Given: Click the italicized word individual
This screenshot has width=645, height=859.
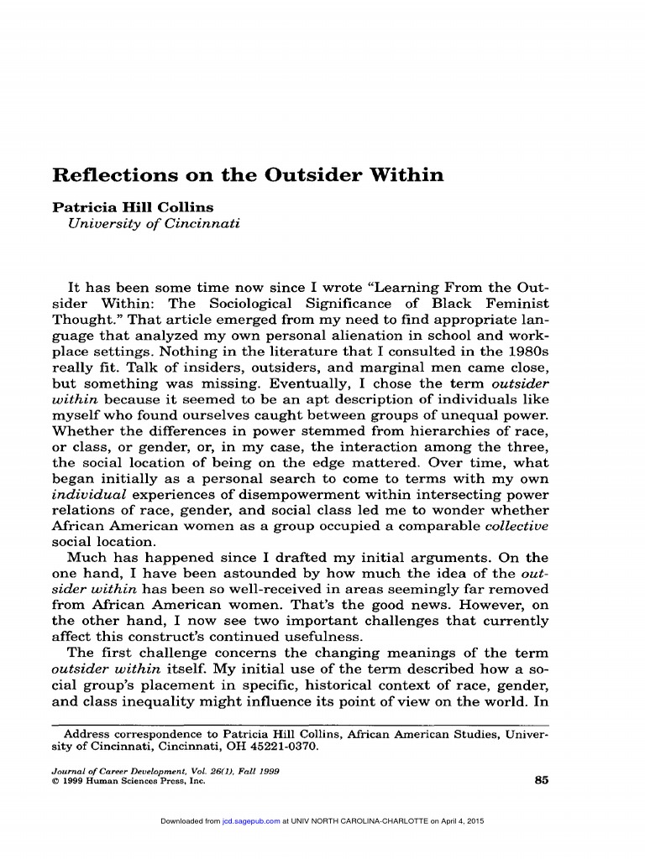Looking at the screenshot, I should click(x=88, y=494).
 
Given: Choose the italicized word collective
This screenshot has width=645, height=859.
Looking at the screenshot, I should click(x=517, y=526).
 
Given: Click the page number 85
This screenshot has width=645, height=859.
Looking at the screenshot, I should click(x=540, y=780).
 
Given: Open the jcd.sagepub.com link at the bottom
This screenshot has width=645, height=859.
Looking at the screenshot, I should click(x=250, y=820).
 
